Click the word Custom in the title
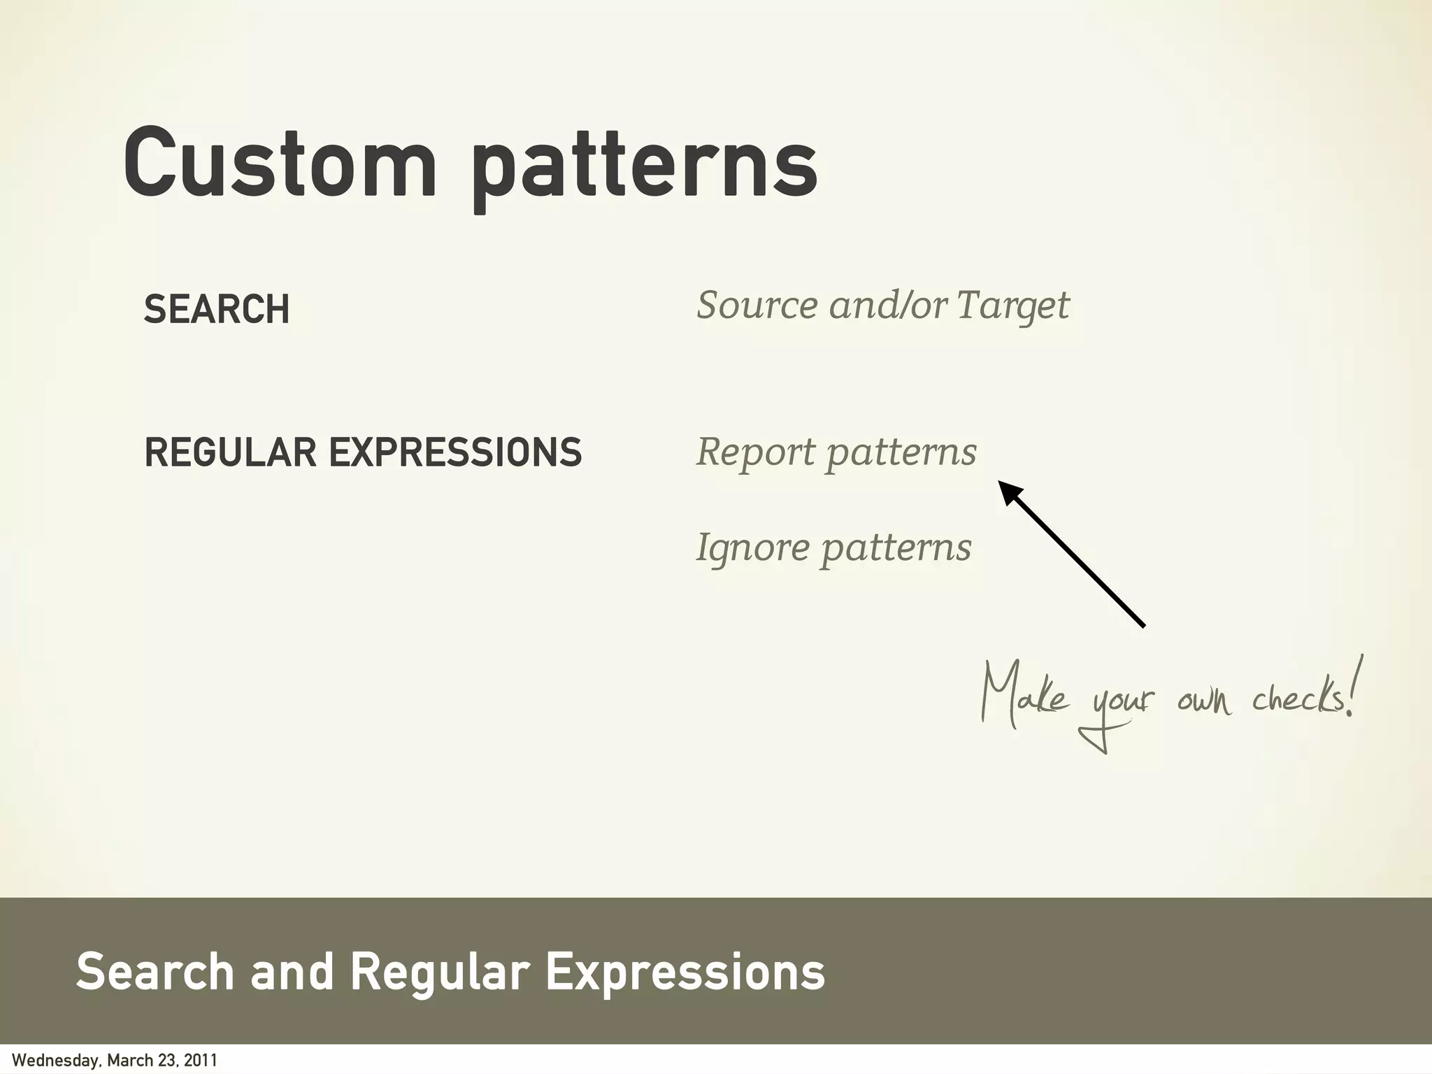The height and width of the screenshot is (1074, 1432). click(280, 162)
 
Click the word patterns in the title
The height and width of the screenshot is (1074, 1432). click(643, 168)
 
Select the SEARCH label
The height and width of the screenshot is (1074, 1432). click(217, 309)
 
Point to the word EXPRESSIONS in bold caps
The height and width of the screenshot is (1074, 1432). click(455, 452)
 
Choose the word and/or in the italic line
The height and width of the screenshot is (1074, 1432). click(888, 306)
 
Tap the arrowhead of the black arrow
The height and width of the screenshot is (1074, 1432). click(1010, 492)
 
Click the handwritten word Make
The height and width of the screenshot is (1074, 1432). click(1025, 696)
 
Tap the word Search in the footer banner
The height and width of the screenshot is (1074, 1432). click(155, 972)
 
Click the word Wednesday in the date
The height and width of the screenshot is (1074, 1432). click(56, 1061)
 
